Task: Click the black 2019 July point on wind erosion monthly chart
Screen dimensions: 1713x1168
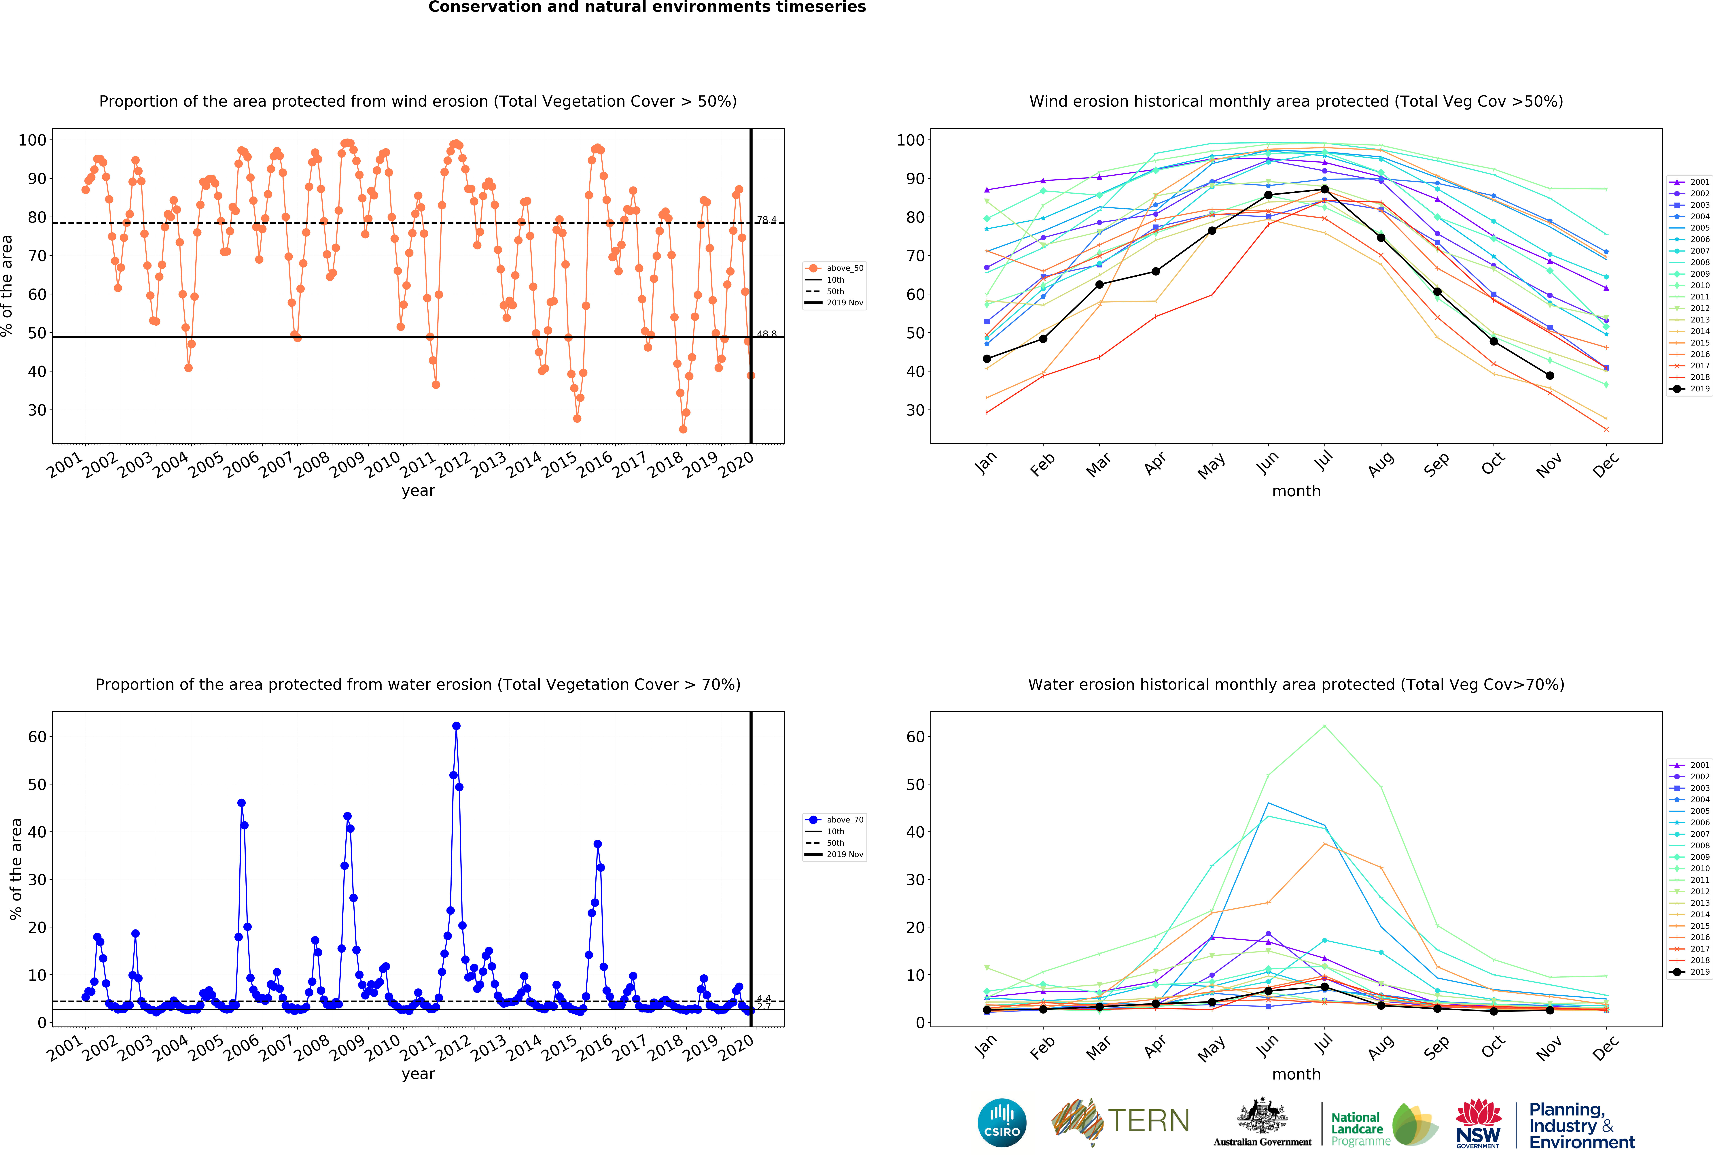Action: (1325, 190)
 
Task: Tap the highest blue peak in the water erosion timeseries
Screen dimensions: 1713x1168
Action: (456, 726)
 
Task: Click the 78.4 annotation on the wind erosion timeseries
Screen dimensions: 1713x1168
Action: (766, 220)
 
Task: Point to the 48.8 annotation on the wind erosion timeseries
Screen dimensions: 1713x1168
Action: (766, 333)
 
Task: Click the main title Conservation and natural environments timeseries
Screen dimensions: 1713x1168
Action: (647, 7)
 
